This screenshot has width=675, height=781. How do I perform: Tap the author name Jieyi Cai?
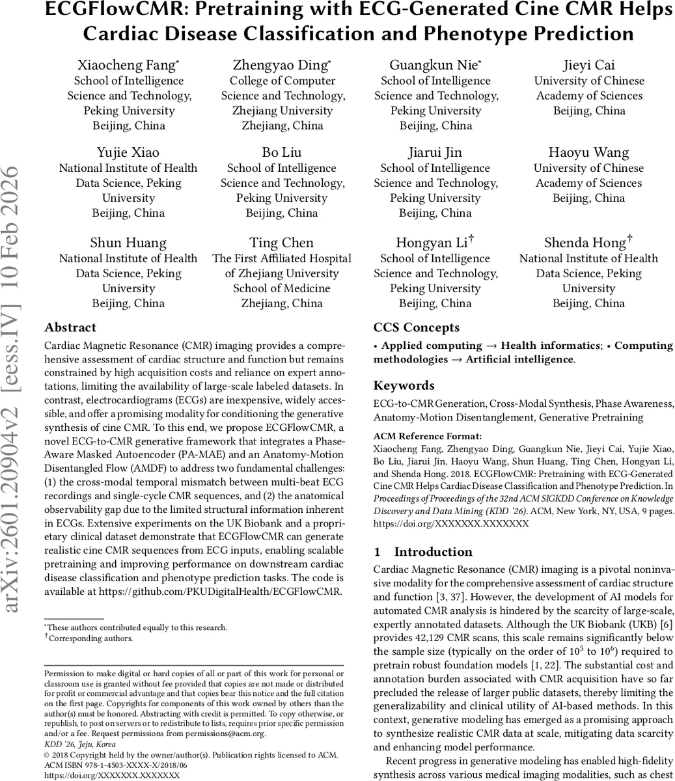pos(589,65)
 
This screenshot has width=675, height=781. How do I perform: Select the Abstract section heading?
pos(70,327)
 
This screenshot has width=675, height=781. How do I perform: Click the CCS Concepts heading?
pos(417,327)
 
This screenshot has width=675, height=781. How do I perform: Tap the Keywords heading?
pos(404,385)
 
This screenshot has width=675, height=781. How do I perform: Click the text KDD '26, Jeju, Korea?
pos(77,743)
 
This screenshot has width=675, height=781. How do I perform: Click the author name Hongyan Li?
pos(432,243)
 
